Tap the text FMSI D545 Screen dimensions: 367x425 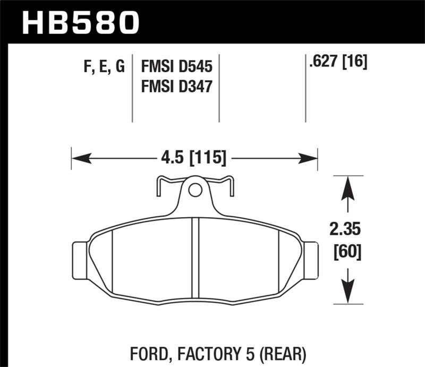pos(176,67)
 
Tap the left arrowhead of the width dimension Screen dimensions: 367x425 pos(80,158)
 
